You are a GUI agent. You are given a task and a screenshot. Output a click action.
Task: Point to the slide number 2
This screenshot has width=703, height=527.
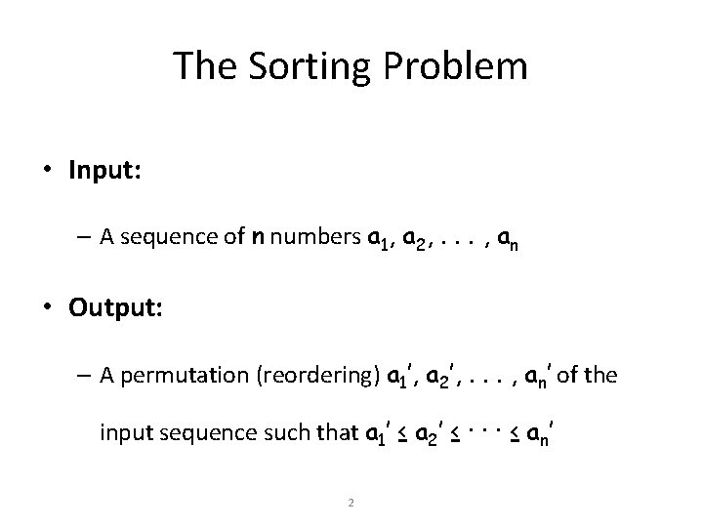351,504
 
